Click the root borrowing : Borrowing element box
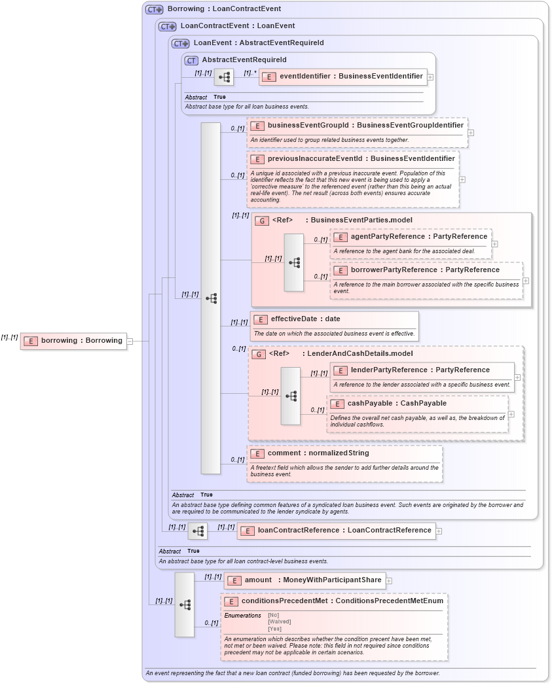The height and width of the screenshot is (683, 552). [x=73, y=341]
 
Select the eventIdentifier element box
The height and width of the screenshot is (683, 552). [x=343, y=77]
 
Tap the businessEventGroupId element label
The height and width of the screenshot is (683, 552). [x=357, y=125]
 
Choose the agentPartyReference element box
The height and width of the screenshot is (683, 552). [x=411, y=237]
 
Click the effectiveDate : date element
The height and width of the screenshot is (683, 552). [x=305, y=319]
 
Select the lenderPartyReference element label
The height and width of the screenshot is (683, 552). [x=411, y=370]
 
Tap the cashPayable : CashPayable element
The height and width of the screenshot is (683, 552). [x=397, y=404]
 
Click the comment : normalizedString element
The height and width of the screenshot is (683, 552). [x=318, y=453]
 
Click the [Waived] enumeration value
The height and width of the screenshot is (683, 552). [x=280, y=622]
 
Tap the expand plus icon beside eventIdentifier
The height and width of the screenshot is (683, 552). [x=430, y=77]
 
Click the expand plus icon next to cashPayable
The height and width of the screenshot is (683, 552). [x=511, y=414]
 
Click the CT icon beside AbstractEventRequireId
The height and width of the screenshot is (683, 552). [x=191, y=60]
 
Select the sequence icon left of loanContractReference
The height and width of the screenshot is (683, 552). [x=198, y=531]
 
